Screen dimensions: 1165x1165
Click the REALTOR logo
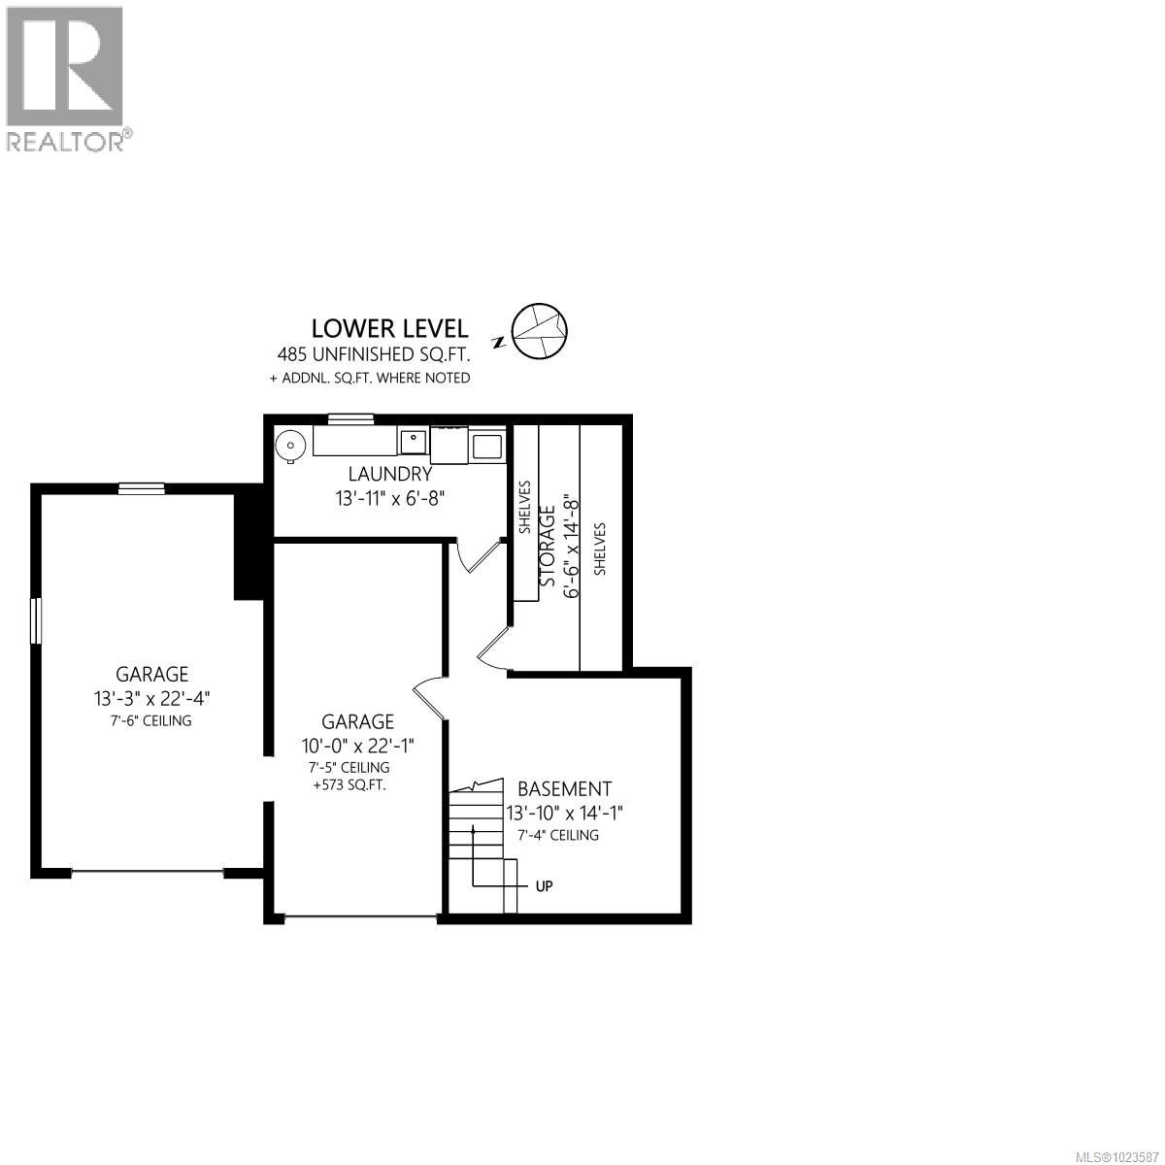tap(66, 78)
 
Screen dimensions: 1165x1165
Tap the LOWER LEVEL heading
tap(389, 328)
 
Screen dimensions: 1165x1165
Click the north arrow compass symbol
tap(539, 331)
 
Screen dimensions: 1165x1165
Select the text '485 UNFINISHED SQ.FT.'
tap(389, 355)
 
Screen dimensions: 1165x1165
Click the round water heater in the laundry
tap(289, 445)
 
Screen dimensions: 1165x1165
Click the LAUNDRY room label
tap(389, 475)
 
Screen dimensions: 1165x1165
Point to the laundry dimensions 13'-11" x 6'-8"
tap(389, 499)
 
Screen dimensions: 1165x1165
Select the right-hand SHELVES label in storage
tap(600, 549)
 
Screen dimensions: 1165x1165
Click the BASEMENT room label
tap(564, 789)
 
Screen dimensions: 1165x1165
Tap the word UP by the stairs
tap(545, 886)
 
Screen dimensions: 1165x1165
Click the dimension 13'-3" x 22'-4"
tap(151, 698)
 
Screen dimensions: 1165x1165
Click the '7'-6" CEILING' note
tap(151, 721)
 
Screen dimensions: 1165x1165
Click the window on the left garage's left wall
tap(36, 620)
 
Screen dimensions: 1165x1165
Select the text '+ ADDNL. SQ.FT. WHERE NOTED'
tap(370, 378)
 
